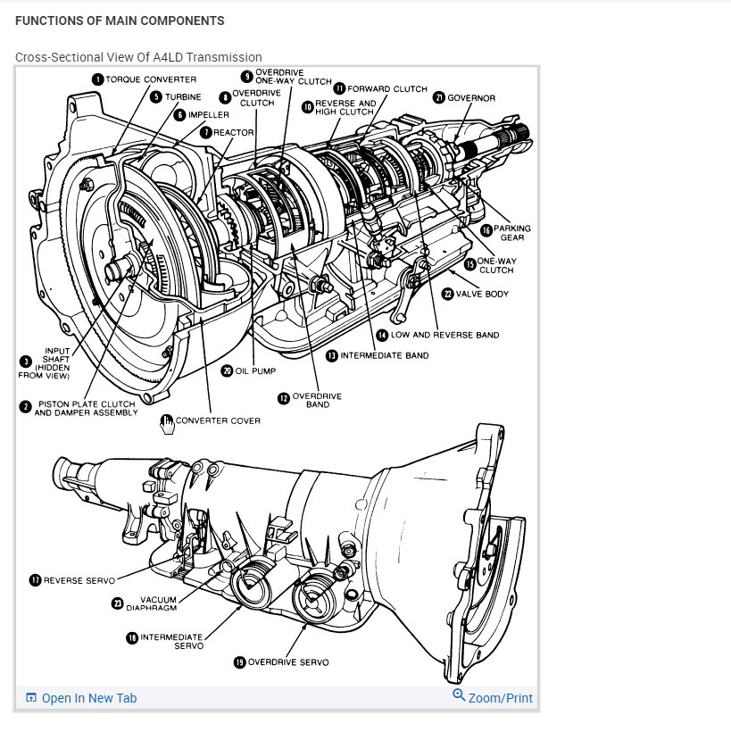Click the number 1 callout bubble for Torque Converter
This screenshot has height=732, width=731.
coord(97,79)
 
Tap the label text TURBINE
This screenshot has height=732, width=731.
coord(183,97)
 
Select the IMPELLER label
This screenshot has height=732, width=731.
coord(208,115)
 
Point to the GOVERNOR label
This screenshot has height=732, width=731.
coord(471,97)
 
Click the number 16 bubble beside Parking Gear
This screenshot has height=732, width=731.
coord(486,229)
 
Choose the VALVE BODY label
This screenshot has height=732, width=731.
coord(482,293)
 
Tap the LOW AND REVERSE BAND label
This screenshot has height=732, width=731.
coord(444,335)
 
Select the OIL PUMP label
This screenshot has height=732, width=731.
coord(255,370)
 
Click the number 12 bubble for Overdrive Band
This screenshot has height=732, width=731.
coord(285,398)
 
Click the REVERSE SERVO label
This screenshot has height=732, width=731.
coord(80,580)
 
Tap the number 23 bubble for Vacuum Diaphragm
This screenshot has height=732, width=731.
coord(117,603)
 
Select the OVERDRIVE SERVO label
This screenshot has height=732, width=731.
coord(287,662)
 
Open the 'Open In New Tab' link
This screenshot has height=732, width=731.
coord(88,698)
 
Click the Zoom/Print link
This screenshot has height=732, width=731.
coord(500,698)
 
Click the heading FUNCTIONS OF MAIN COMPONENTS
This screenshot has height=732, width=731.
coord(120,20)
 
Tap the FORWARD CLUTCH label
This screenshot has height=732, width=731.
coord(387,88)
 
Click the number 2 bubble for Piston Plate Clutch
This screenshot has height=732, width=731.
coord(26,407)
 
